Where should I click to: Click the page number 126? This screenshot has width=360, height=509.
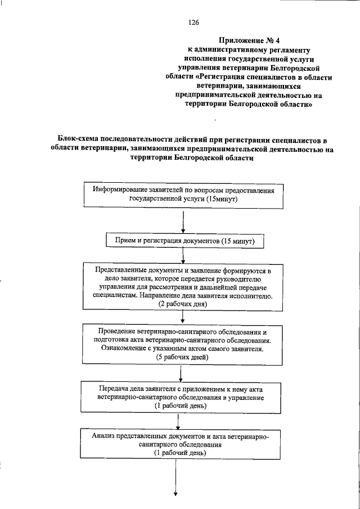coord(194,22)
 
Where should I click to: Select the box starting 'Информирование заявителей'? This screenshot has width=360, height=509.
coord(183,195)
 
